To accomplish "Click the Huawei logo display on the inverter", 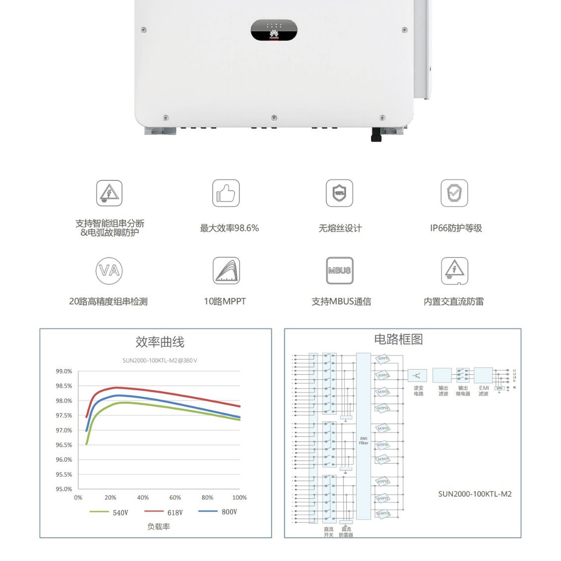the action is [274, 30].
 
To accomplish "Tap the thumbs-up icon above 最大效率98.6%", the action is [226, 193].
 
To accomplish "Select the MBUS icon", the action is [339, 270].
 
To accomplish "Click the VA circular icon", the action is [109, 270].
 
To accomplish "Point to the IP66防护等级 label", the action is [456, 228].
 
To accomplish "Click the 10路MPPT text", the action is [225, 301].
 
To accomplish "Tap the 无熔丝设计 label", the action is [340, 228].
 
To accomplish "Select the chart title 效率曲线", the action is [160, 342].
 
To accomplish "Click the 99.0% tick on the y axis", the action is [64, 371].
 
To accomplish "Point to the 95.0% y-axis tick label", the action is [64, 489].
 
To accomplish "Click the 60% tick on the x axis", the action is [175, 497].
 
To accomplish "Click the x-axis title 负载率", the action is [159, 527].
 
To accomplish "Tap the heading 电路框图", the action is [398, 339].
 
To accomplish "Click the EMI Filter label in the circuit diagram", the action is [364, 440].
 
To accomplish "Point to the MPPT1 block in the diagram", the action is [383, 359].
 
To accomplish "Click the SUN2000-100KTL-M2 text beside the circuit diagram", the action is [475, 494].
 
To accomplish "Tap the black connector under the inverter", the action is [376, 135].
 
